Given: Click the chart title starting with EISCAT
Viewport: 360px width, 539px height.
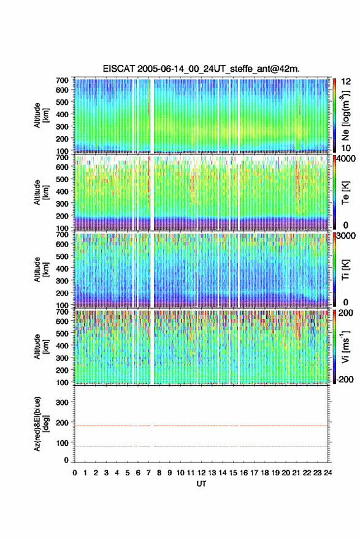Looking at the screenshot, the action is (x=201, y=69).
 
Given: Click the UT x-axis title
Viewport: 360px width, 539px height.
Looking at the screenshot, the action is (x=202, y=484).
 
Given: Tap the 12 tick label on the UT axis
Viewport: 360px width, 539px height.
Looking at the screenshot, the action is (x=202, y=473).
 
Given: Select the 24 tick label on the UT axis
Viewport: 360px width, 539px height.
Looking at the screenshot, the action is (x=328, y=473).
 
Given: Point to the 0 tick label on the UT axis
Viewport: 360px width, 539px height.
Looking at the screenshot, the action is (x=75, y=473).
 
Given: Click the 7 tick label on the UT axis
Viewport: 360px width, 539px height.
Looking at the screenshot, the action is (x=148, y=473).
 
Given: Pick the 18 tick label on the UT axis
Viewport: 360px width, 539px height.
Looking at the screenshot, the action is (x=265, y=473).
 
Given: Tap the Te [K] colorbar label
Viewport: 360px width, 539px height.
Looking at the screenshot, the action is (x=345, y=193).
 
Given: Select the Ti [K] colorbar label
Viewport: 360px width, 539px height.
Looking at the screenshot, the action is (x=345, y=270).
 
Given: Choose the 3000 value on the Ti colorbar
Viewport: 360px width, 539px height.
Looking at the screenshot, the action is (x=347, y=236).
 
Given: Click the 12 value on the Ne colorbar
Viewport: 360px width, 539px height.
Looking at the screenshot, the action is (x=347, y=82).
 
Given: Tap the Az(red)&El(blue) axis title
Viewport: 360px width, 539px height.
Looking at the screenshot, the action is (x=41, y=424).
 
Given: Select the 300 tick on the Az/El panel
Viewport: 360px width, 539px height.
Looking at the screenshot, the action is (x=62, y=402).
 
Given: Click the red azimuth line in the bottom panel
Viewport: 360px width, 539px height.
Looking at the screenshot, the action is (x=201, y=426).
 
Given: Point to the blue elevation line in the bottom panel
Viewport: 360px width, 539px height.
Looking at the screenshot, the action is (x=201, y=446).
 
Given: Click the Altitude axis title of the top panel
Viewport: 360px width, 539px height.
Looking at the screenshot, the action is (x=41, y=115).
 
